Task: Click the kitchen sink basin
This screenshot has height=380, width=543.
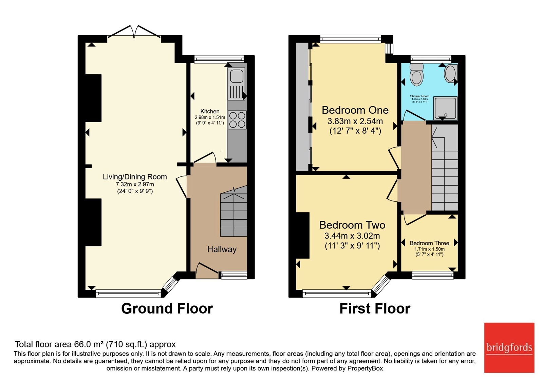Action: tap(237, 75)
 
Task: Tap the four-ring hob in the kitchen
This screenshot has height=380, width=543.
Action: tap(237, 120)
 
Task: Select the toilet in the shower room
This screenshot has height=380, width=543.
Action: tap(416, 74)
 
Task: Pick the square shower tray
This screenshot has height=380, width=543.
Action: tap(445, 108)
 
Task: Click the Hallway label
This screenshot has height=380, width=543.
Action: tap(222, 249)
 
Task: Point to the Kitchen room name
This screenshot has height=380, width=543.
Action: tap(210, 112)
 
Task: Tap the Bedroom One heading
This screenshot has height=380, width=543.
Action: tap(355, 110)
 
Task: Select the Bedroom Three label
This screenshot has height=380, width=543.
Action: tap(429, 243)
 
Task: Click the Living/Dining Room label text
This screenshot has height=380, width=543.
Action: tap(135, 177)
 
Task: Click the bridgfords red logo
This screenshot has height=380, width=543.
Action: tap(509, 347)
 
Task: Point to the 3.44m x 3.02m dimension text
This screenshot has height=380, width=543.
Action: tap(352, 236)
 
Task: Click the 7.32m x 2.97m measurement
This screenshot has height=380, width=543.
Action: tap(135, 185)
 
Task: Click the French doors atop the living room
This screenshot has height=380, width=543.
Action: tap(134, 32)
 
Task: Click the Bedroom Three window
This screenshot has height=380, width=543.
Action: tap(433, 275)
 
